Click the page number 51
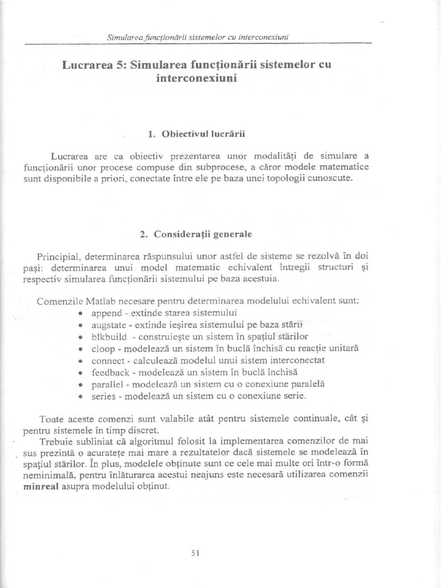pos(194,553)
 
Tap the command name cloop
pos(103,349)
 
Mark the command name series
pos(104,396)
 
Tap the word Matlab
pos(100,301)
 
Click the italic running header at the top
pos(197,37)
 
